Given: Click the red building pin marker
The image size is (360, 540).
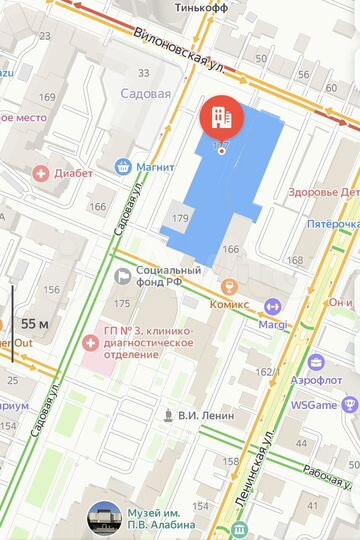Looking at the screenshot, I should point(221,119).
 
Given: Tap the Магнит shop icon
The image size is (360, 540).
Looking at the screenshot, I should point(123,166).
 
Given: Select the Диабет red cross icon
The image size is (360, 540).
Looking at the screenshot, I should point(41,173).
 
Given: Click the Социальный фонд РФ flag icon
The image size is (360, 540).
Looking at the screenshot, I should point(122,276).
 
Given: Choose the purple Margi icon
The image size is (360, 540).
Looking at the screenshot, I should point(272,307).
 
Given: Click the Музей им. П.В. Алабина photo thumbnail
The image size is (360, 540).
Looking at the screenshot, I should point(105,518).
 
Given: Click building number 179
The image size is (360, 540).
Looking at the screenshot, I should point(180,218).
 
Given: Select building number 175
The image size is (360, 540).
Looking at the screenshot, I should point(122,303).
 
